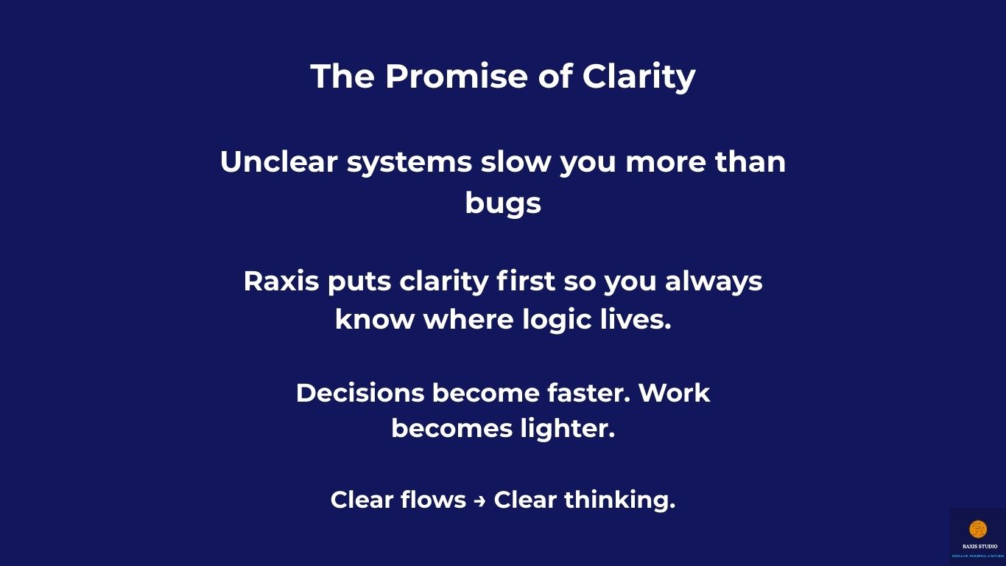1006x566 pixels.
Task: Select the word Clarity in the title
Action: [639, 77]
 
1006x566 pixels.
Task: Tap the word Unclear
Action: [278, 162]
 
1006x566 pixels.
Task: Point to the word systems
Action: [409, 162]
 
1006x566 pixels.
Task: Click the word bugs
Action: [503, 203]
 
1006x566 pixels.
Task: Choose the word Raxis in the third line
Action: [281, 282]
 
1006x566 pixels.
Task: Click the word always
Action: [713, 282]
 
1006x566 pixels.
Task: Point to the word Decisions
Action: [359, 394]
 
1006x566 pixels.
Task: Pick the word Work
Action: [674, 394]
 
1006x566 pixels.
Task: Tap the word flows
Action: [433, 500]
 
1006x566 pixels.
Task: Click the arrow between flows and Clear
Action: [479, 500]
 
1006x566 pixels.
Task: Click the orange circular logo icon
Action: [977, 529]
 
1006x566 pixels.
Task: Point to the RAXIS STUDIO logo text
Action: [979, 547]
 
